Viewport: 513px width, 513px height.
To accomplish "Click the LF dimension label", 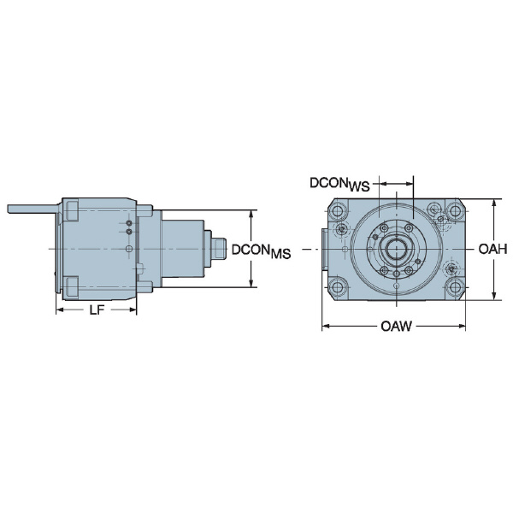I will [97, 311].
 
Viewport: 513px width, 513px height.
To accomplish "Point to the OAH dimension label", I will [493, 250].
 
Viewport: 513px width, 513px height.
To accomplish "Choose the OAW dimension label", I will [397, 327].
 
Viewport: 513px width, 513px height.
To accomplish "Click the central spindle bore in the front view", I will [397, 250].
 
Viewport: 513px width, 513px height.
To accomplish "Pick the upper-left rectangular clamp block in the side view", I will [72, 209].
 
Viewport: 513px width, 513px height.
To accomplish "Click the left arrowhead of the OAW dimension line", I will [325, 327].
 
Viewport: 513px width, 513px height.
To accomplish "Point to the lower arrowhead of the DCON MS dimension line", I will [251, 284].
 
